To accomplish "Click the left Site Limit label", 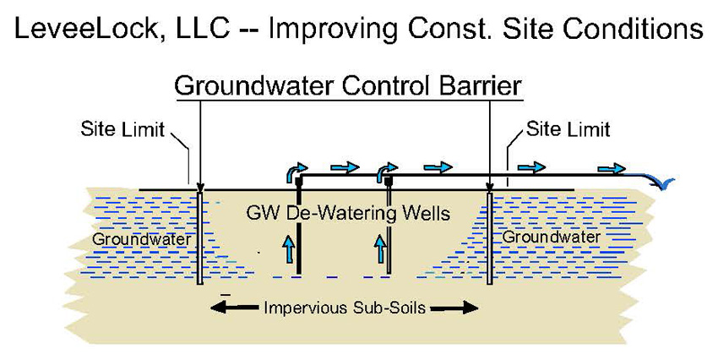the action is tap(122, 128).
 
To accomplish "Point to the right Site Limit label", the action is tap(568, 128).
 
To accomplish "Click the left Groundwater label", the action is tap(142, 239).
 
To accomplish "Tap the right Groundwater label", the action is tap(551, 237).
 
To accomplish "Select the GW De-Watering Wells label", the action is tap(348, 213).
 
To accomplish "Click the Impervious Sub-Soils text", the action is tap(345, 308).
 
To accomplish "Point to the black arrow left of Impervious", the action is tap(234, 308).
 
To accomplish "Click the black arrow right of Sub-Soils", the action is tap(454, 308).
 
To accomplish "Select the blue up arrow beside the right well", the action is tap(380, 248).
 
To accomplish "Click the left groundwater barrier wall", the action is tap(199, 237).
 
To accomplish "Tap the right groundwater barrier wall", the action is tap(489, 237).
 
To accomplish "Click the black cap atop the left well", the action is tap(298, 183).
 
